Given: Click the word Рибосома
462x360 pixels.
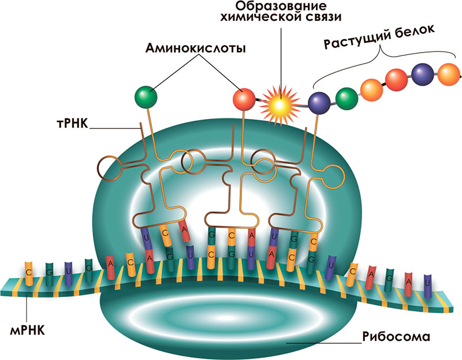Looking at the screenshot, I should click(396, 336).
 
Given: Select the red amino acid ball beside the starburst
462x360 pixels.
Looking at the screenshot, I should click(244, 99).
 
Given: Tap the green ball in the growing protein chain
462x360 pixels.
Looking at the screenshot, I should click(345, 97).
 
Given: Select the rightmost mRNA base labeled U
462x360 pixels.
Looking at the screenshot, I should click(427, 283).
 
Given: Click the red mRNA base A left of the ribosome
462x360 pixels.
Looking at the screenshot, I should click(110, 264).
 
